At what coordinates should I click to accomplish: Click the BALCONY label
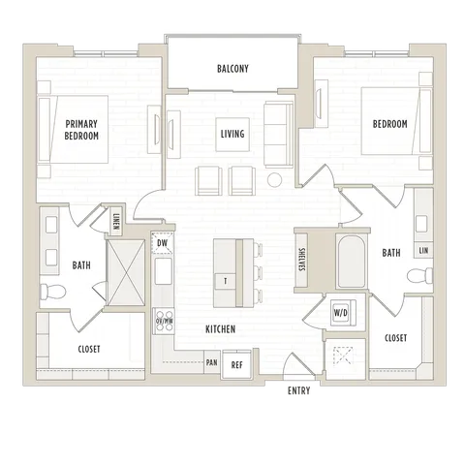tap(232, 69)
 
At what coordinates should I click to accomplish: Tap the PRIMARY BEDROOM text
tap(81, 130)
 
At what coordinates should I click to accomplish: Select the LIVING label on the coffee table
tap(232, 134)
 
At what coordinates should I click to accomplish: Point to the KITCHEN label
tap(221, 329)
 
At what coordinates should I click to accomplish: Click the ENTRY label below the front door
tap(299, 390)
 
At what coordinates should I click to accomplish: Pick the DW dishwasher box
tap(163, 243)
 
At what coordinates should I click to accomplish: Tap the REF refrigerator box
tap(236, 365)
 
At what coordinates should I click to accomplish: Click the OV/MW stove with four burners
tap(164, 322)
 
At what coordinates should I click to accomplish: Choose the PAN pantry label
tap(212, 362)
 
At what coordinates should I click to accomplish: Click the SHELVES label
tap(301, 260)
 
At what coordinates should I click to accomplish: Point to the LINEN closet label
tap(116, 222)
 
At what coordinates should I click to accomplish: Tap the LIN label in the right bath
tap(423, 250)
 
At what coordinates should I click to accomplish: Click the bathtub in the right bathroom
tap(352, 261)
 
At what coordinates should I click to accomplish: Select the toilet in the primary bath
tap(52, 292)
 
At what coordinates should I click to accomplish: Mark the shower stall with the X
tap(126, 272)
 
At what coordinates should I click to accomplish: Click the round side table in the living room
tap(274, 180)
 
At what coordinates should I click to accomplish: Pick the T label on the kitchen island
tap(226, 281)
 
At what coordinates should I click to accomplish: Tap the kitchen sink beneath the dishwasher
tap(164, 271)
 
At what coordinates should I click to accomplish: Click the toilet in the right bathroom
tap(419, 275)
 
